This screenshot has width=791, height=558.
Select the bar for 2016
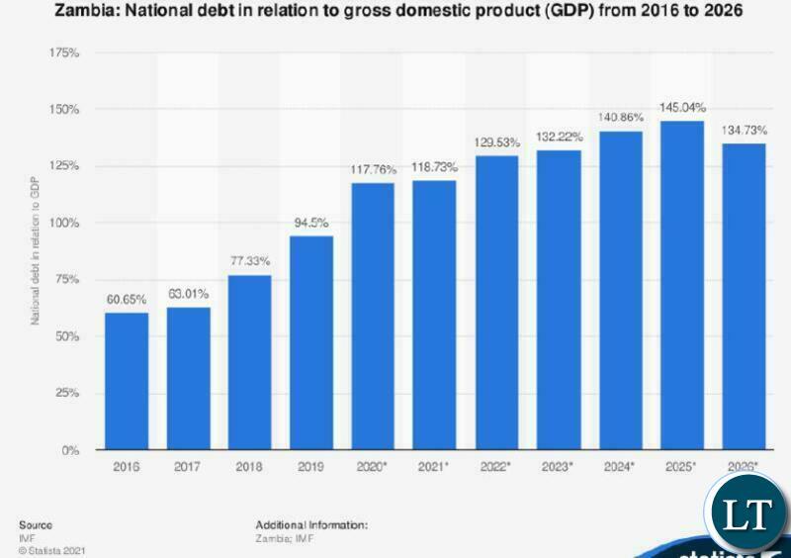click(127, 381)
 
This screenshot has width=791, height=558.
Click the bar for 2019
click(311, 342)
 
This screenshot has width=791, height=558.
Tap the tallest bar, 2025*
click(682, 285)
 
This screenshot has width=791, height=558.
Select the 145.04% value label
click(682, 106)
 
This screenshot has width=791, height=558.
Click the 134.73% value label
click(744, 129)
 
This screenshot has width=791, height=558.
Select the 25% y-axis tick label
click(67, 394)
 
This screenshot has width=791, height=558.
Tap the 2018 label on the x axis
click(250, 465)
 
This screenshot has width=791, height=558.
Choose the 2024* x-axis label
click(621, 465)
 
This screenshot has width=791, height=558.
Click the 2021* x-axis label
click(435, 465)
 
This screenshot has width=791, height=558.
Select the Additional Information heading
click(311, 524)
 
